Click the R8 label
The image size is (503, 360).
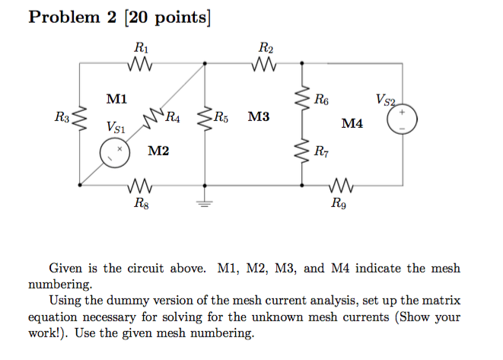[141, 203]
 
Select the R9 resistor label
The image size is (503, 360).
[339, 203]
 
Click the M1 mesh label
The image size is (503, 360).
[116, 98]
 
